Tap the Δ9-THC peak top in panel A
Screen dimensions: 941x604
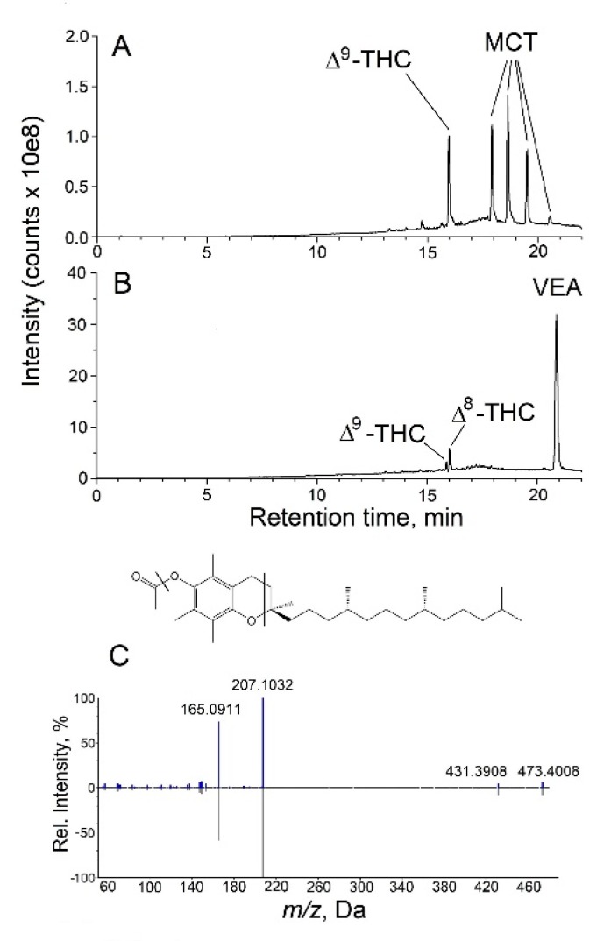[x=449, y=137]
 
